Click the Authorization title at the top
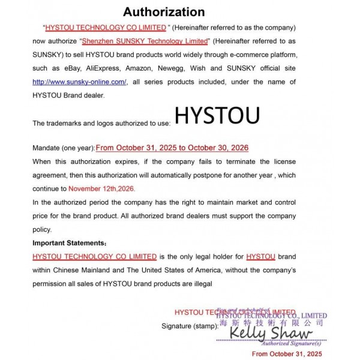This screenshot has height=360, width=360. [163, 11]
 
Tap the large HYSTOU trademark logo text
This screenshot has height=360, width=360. [217, 116]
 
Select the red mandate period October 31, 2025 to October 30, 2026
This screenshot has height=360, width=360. [172, 148]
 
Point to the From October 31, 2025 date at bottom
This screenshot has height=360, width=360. [287, 354]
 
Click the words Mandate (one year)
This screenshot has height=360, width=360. [63, 148]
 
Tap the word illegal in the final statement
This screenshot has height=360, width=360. [201, 283]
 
